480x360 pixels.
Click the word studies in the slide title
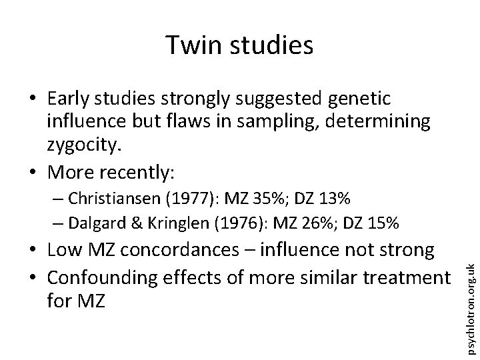coord(272,45)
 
